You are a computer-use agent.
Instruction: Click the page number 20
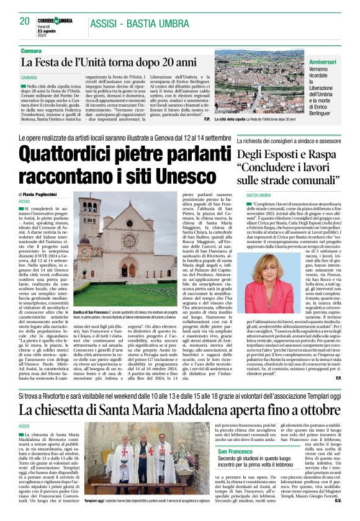click(24, 21)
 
